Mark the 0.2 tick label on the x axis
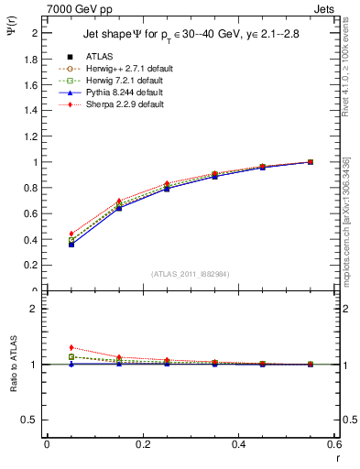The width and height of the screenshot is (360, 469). (x=142, y=444)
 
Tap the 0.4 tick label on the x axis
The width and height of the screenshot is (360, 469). (x=238, y=444)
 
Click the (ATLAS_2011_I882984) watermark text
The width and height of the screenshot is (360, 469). (x=190, y=274)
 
